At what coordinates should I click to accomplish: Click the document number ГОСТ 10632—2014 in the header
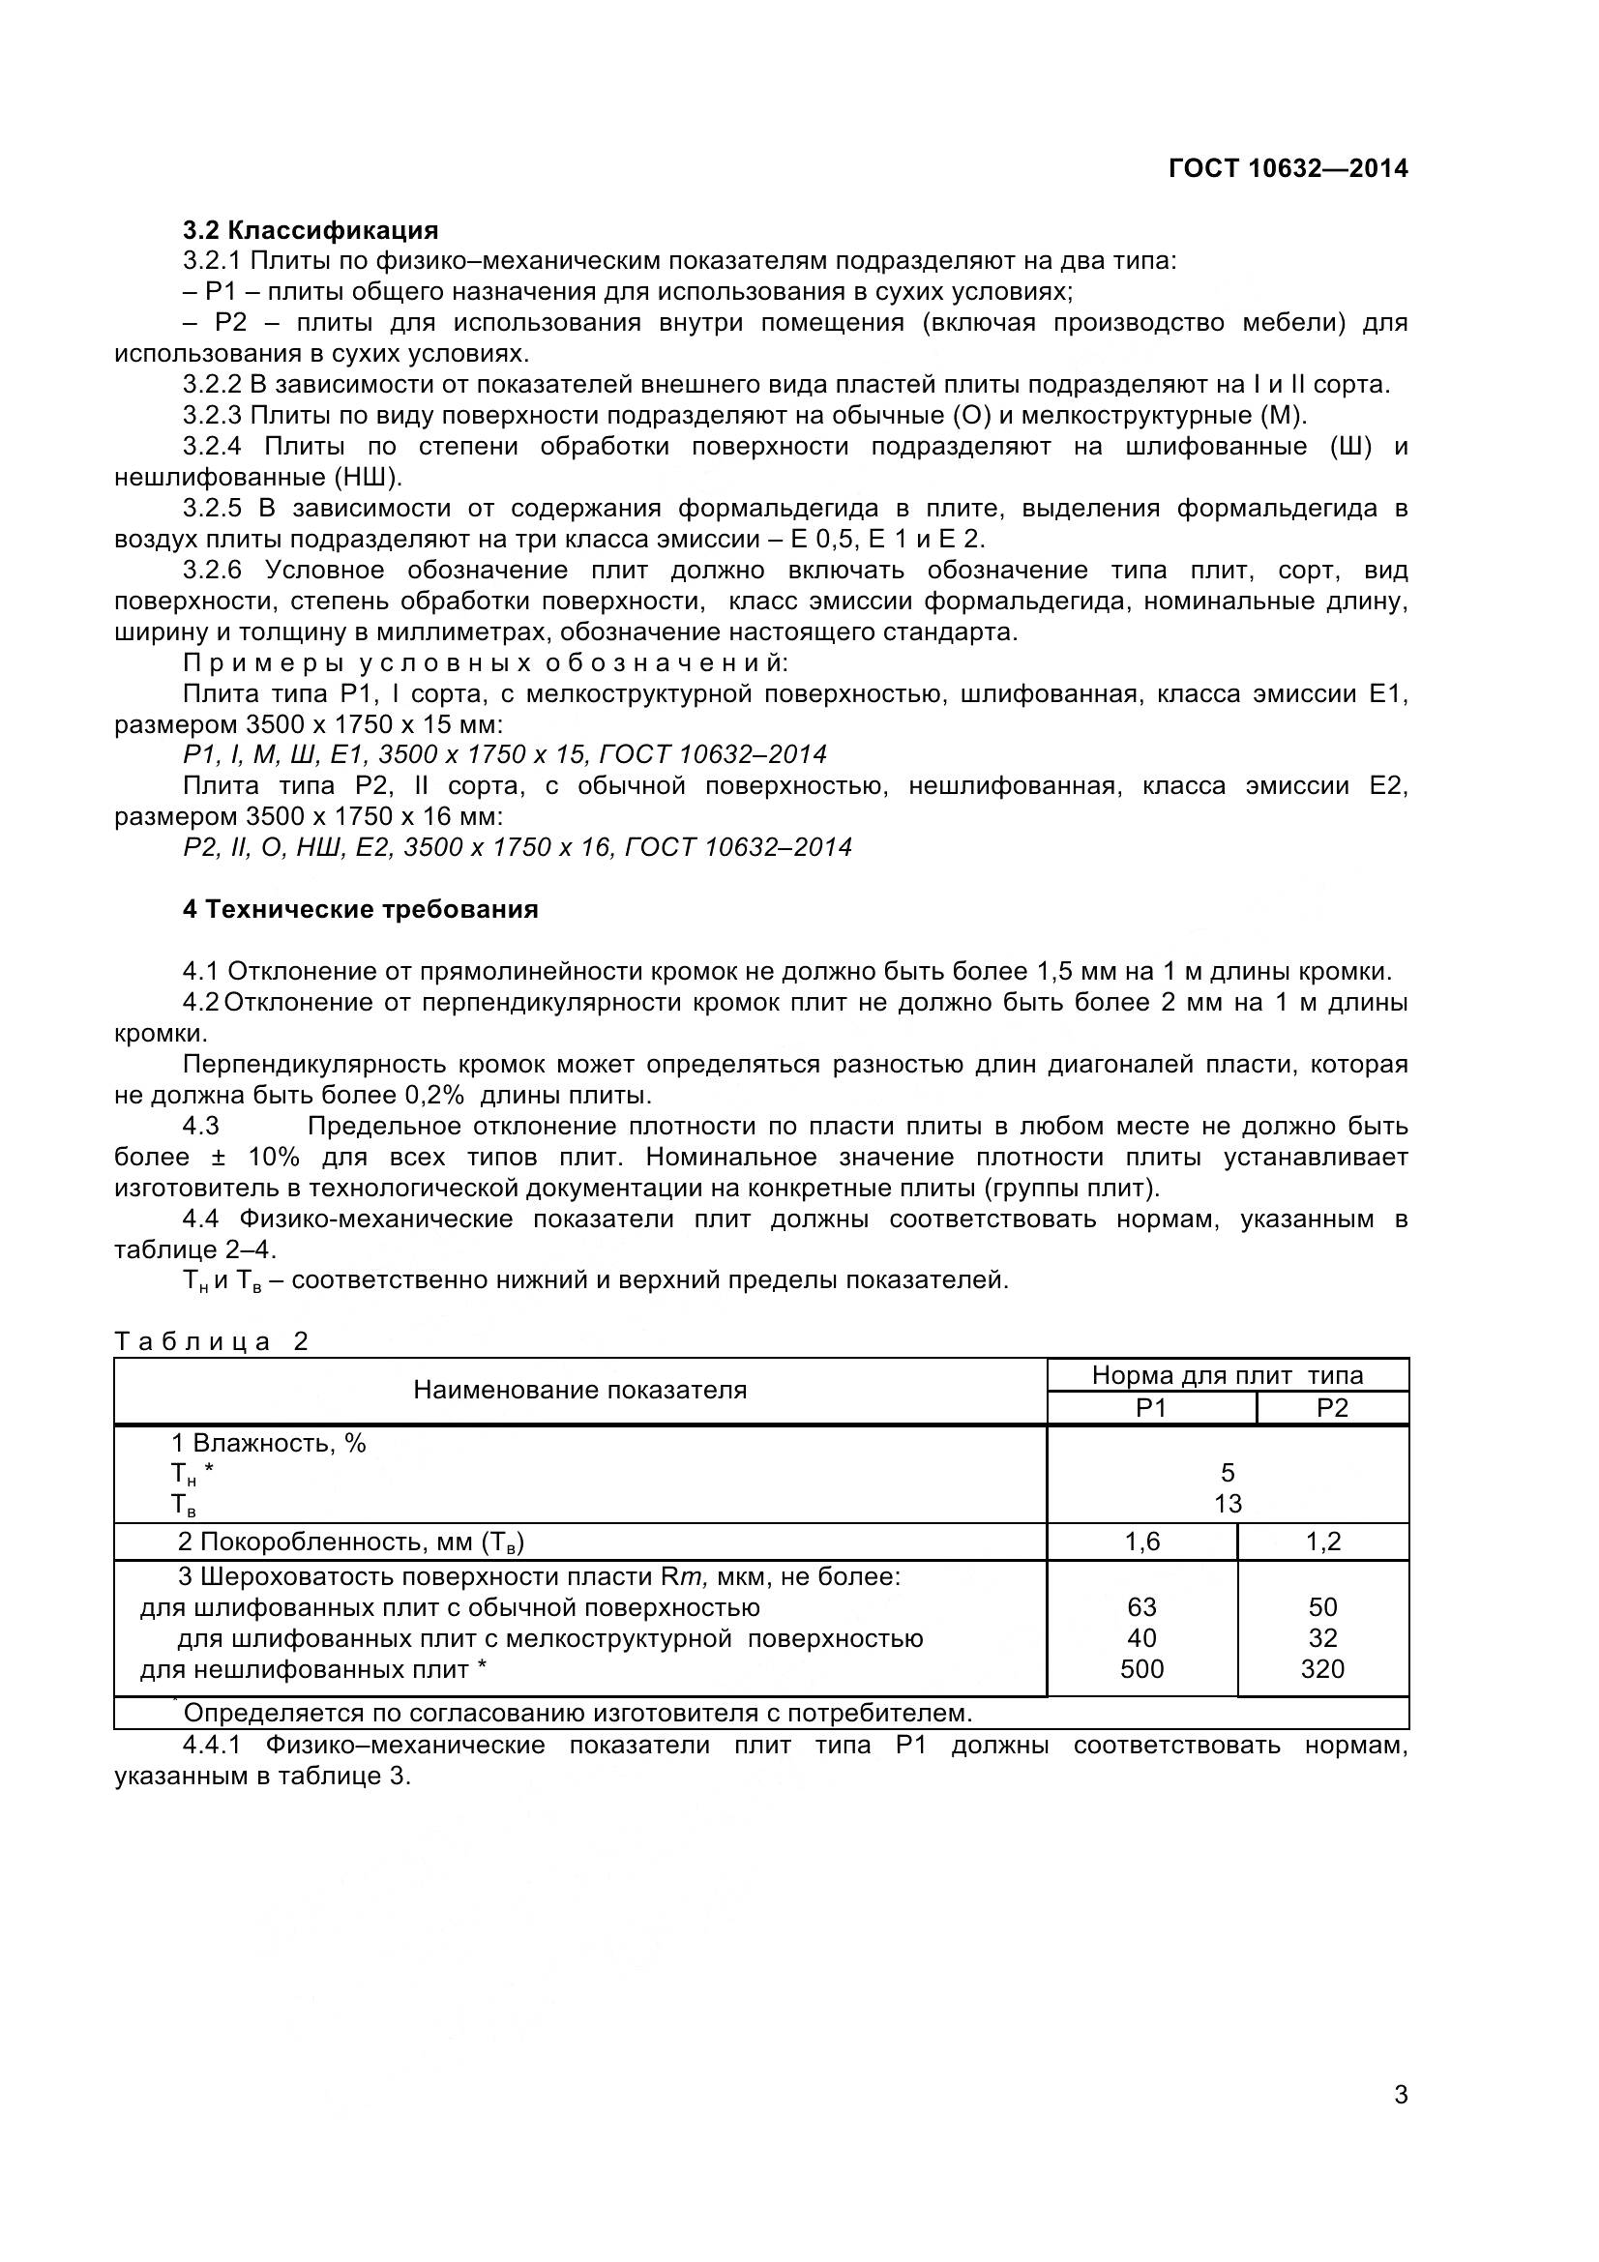(x=1287, y=168)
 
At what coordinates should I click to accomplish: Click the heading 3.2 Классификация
(x=311, y=230)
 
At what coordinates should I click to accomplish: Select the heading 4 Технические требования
(x=360, y=909)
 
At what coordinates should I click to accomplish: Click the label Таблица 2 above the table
(x=212, y=1342)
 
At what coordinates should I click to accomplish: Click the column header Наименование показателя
(x=579, y=1390)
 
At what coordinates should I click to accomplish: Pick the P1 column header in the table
(x=1151, y=1408)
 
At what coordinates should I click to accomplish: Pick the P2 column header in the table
(x=1331, y=1408)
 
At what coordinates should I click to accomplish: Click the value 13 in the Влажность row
(x=1228, y=1505)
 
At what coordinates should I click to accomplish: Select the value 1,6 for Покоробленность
(x=1141, y=1542)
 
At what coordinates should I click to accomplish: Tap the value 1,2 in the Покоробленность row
(x=1323, y=1542)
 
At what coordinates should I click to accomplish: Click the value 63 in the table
(x=1141, y=1608)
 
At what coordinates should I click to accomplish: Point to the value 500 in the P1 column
(x=1141, y=1669)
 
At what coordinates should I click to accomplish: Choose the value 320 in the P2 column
(x=1322, y=1669)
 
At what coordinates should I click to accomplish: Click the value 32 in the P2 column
(x=1322, y=1638)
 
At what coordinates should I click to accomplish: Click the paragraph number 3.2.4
(x=212, y=446)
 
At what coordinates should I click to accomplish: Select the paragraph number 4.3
(x=201, y=1126)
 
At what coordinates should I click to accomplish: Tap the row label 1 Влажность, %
(x=268, y=1443)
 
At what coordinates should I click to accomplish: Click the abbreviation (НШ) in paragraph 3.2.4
(x=368, y=478)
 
